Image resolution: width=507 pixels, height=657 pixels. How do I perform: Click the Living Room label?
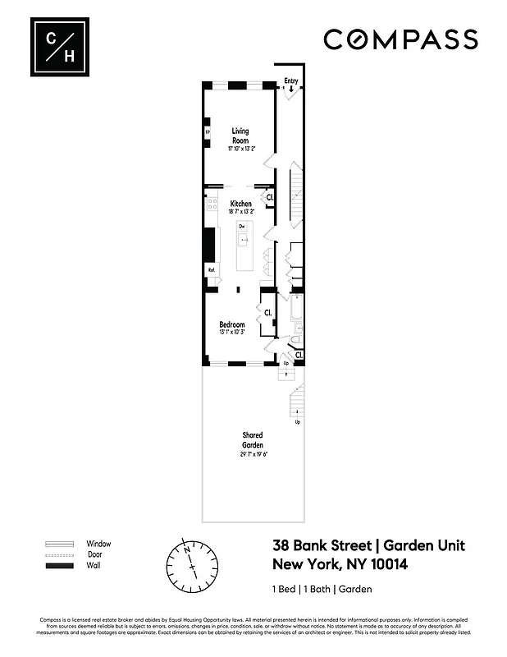tap(240, 136)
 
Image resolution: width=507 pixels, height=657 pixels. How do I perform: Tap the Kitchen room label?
tap(240, 204)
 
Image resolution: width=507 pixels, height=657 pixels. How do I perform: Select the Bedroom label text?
tap(232, 325)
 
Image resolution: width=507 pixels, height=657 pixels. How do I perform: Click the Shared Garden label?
tap(252, 439)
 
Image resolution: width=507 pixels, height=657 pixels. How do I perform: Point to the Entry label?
tap(290, 80)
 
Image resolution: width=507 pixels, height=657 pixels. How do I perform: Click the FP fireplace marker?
tap(208, 131)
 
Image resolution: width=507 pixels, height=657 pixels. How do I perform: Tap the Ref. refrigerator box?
tap(211, 269)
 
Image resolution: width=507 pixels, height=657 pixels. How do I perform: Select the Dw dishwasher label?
tap(242, 225)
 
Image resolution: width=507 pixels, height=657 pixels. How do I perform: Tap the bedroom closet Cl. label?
tap(267, 312)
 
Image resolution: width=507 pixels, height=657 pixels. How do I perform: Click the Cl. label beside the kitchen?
tap(269, 197)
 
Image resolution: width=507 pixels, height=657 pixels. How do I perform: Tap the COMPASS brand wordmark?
tap(400, 39)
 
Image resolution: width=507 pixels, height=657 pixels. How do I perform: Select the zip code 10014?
tap(383, 564)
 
